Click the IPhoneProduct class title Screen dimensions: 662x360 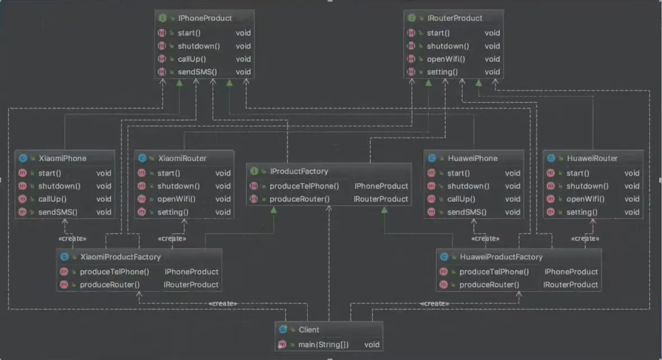(205, 18)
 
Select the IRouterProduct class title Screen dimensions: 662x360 (454, 18)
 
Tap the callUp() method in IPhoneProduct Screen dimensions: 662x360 (192, 59)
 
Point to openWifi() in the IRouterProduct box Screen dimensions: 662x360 (446, 59)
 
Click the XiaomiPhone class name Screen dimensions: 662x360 (62, 159)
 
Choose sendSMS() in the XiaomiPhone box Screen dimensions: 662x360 (58, 212)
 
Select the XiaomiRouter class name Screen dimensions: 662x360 (182, 159)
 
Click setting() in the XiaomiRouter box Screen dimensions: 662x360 (173, 212)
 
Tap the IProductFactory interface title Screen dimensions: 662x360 (299, 171)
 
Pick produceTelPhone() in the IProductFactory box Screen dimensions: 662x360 (304, 186)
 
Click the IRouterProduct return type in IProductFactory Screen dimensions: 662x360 (381, 199)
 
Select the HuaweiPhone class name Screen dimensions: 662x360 (473, 159)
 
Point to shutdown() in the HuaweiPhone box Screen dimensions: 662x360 (469, 186)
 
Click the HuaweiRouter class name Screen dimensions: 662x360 (592, 159)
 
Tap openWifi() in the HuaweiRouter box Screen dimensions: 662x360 (586, 199)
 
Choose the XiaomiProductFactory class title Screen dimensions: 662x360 (121, 257)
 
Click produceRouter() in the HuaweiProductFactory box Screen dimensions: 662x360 (489, 285)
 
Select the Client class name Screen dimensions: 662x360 (309, 330)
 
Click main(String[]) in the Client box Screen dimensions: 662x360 (323, 345)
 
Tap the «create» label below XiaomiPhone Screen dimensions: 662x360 (72, 239)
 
